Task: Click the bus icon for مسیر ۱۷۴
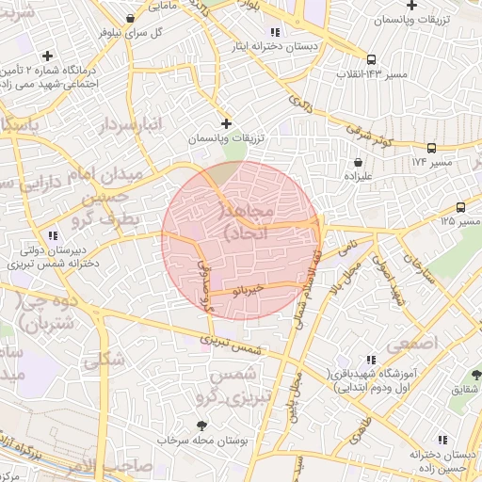point(431,148)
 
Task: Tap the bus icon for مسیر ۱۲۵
point(460,207)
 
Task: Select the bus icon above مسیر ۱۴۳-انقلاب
point(372,57)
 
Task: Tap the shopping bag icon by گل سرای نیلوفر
point(129,18)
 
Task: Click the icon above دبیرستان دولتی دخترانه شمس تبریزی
point(53,235)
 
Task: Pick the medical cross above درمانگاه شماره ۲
point(47,56)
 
